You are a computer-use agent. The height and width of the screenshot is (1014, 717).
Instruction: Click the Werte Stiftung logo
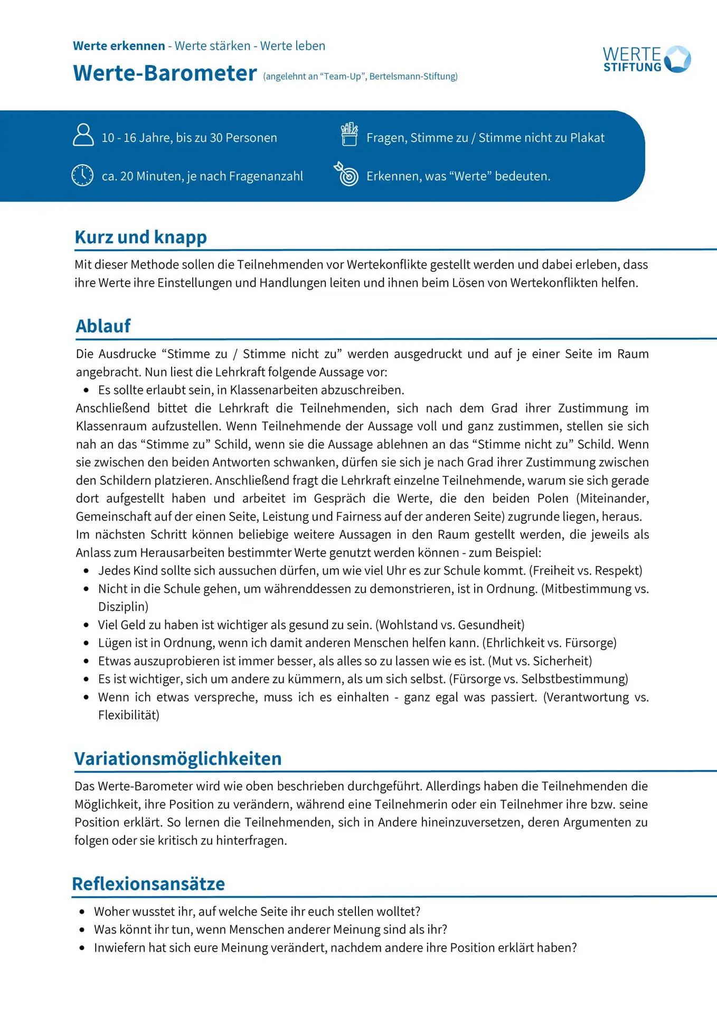(647, 59)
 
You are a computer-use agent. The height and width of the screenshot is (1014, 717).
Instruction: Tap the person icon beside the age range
(83, 135)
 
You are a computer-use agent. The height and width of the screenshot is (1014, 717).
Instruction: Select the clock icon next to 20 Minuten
(82, 175)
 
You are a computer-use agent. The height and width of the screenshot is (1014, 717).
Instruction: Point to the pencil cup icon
(349, 134)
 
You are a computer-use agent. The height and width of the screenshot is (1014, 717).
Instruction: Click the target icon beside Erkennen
(347, 174)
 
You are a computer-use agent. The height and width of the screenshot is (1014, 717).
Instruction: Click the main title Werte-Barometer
(165, 73)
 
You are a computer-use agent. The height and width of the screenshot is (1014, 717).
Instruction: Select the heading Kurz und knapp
(140, 237)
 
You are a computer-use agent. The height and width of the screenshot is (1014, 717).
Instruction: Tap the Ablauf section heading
(103, 326)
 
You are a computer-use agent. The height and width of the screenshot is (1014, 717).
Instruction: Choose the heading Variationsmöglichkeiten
(178, 758)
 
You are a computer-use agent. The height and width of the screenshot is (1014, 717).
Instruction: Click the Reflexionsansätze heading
(148, 884)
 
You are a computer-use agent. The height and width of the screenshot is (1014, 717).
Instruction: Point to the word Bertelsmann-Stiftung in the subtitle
(413, 77)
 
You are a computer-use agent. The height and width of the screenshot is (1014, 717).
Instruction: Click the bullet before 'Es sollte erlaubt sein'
(86, 390)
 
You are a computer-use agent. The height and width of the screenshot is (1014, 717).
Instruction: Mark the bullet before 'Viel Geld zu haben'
(86, 625)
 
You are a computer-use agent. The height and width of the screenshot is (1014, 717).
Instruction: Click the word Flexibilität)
(129, 715)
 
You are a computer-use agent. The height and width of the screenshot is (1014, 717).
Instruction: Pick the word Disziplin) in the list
(123, 607)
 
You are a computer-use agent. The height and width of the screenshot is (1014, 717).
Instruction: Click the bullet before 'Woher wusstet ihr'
(82, 912)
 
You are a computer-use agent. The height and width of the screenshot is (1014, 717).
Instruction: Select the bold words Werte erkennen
(119, 46)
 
